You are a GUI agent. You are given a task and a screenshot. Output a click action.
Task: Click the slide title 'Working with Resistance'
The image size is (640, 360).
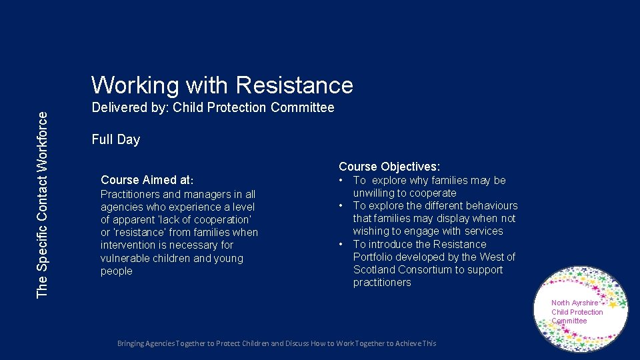(222, 85)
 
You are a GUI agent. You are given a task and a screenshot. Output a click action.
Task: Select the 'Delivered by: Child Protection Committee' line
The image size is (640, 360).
(213, 107)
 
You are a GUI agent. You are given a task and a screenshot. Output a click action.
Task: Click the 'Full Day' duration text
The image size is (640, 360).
(115, 139)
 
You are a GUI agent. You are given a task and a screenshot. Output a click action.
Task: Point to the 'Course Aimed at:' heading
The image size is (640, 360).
(147, 180)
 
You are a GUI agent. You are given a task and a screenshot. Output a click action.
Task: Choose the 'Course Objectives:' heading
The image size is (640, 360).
(389, 167)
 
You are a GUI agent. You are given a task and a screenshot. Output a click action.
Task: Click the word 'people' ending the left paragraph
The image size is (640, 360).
(116, 271)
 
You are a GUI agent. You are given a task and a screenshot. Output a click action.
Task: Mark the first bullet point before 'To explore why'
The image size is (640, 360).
(341, 181)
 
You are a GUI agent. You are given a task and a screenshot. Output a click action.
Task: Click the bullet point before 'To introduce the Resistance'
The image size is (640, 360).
(341, 245)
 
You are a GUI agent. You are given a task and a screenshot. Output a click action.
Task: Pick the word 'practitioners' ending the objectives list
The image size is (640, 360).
(382, 283)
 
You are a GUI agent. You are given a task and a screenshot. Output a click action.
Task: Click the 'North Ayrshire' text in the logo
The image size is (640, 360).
(575, 303)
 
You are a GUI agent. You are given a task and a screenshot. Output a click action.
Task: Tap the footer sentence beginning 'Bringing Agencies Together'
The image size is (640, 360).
(277, 343)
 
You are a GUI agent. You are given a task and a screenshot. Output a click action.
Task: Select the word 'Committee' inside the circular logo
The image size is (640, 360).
(569, 321)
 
